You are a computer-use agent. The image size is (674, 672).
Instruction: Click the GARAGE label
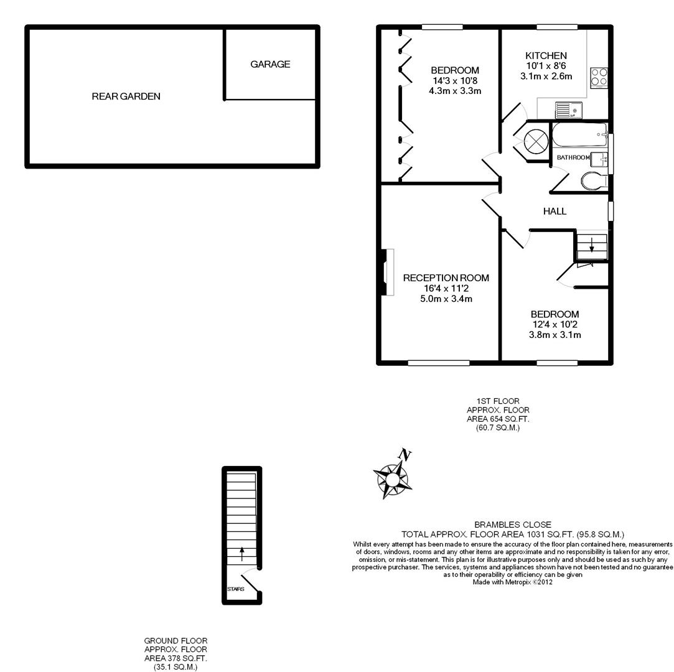[x=270, y=64]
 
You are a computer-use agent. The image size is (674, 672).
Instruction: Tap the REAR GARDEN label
[x=126, y=96]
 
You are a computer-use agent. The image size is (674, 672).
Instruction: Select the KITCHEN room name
[x=545, y=56]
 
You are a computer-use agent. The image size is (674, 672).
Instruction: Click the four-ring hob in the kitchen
[x=599, y=77]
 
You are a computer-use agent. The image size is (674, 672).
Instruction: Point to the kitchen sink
[x=568, y=111]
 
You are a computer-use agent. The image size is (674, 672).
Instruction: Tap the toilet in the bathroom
[x=592, y=181]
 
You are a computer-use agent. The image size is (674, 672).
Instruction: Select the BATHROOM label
[x=573, y=157]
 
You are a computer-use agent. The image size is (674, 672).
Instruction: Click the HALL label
[x=555, y=212]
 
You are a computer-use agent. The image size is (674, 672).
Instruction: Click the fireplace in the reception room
[x=388, y=272]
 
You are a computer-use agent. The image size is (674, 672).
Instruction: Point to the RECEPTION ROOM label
[x=446, y=278]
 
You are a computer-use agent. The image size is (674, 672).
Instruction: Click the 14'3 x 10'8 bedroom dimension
[x=455, y=81]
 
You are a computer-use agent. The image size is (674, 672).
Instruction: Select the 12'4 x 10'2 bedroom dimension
[x=555, y=325]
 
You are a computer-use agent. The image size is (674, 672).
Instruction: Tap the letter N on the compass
[x=406, y=455]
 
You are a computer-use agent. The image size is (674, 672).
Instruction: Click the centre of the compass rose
[x=392, y=480]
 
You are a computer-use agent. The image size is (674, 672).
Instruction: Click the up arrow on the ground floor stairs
[x=241, y=553]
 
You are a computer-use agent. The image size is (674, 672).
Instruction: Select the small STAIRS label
[x=235, y=589]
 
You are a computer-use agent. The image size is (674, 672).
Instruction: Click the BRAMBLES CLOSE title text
[x=512, y=525]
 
